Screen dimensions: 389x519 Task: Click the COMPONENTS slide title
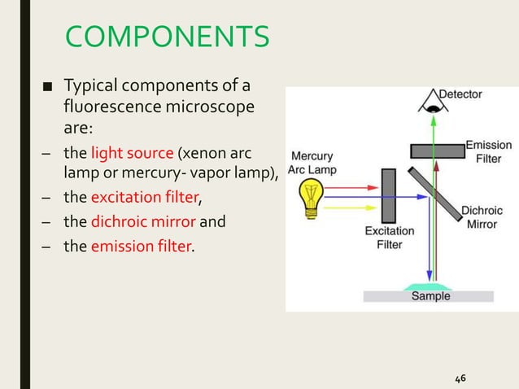tap(167, 37)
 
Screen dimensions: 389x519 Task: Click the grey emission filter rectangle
tap(437, 151)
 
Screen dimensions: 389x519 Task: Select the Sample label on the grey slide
tap(430, 296)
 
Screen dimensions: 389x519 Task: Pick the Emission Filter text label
tap(488, 151)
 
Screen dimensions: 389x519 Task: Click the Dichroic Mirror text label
tap(482, 216)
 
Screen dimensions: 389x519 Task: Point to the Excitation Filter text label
tap(390, 237)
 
